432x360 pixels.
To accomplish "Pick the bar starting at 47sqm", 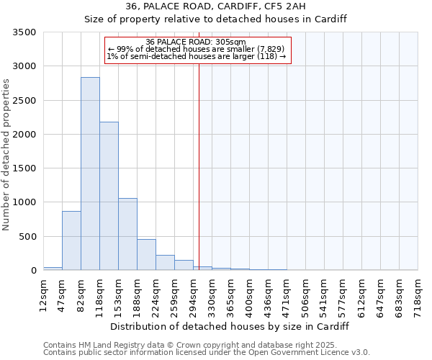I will tap(71, 240).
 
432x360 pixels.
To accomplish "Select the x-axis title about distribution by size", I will tap(230, 326).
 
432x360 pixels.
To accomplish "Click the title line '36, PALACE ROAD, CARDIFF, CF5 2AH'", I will tap(215, 6).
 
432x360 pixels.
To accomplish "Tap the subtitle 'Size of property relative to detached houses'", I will tap(215, 19).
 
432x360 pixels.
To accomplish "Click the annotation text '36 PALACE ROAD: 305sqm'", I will tap(196, 42).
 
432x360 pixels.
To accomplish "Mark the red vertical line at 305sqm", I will tap(199, 158).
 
